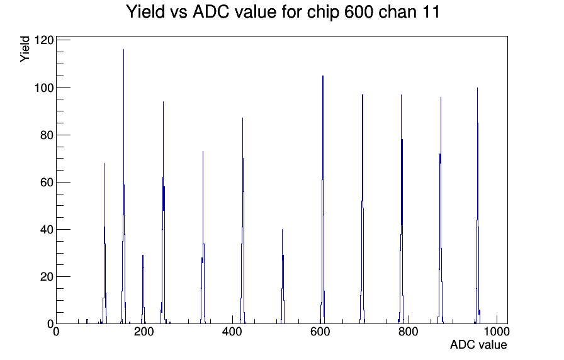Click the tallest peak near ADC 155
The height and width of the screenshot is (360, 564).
point(124,187)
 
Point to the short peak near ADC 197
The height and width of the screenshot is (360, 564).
point(143,290)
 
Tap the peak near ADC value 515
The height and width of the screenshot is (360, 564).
point(283,277)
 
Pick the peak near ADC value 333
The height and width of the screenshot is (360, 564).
point(203,237)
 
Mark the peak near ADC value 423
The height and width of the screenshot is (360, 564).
point(242,221)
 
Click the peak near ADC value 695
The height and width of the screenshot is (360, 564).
point(362,208)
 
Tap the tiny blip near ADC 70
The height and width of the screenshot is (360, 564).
point(87,321)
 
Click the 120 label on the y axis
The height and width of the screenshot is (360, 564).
point(44,40)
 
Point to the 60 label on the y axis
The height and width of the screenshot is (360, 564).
point(47,183)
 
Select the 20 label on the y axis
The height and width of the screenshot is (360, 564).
point(47,277)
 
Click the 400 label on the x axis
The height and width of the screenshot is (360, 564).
point(232,332)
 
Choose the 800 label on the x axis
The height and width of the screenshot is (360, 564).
point(409,332)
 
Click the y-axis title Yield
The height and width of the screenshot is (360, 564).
point(25,49)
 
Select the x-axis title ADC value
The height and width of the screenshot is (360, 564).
point(478,345)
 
